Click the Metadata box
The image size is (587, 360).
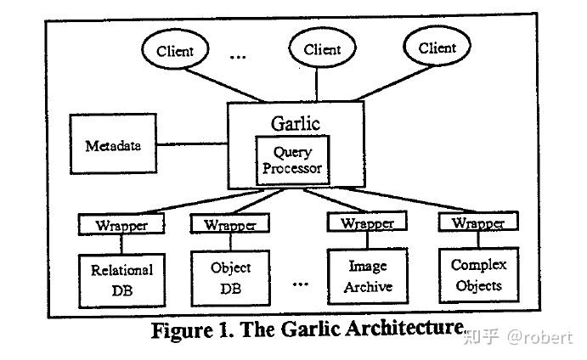click(113, 144)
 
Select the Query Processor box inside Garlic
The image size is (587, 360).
click(292, 160)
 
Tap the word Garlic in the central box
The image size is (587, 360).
click(296, 123)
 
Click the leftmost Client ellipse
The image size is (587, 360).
click(175, 49)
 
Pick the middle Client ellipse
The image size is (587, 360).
click(322, 48)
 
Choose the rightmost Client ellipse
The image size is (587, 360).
click(437, 46)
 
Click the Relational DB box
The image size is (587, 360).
click(122, 281)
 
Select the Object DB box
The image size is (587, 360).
click(230, 278)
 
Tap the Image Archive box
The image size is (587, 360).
click(368, 277)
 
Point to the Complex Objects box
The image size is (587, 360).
click(479, 275)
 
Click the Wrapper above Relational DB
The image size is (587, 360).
click(121, 224)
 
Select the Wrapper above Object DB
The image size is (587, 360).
click(230, 223)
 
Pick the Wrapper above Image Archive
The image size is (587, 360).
click(367, 222)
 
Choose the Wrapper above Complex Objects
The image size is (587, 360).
click(478, 221)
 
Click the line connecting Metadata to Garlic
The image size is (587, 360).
click(192, 144)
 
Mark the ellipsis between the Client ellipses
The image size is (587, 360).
click(238, 57)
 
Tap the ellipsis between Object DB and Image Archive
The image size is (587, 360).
click(300, 284)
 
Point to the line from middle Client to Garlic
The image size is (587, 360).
click(317, 85)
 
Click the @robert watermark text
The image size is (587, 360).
click(539, 338)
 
